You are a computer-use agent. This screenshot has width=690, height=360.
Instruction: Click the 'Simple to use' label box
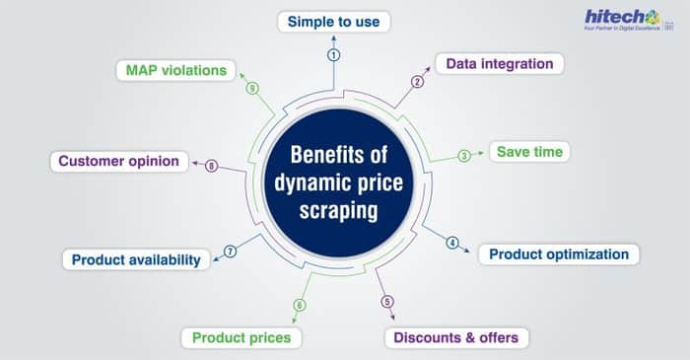point(333,22)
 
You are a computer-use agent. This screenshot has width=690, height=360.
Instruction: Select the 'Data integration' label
point(500,64)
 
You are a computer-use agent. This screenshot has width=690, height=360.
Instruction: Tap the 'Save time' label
point(529,152)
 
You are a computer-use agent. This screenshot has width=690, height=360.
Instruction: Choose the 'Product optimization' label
point(559,254)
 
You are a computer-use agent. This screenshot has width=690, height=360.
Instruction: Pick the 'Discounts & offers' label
point(456,338)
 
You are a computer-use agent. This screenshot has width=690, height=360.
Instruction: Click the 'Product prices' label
point(241,338)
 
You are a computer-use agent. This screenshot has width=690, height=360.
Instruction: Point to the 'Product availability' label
point(136,259)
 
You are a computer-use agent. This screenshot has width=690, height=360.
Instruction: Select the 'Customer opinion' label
point(119,161)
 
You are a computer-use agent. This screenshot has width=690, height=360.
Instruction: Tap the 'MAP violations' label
point(176,70)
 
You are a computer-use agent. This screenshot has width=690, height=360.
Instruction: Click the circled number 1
point(333,55)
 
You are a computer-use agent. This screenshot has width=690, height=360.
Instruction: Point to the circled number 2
point(417,82)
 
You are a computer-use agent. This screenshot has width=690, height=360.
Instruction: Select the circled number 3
point(464,156)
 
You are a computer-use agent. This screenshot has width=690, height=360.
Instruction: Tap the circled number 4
point(451,243)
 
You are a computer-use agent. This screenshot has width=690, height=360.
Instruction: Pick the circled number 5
point(386,302)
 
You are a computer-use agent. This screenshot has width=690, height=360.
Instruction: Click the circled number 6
point(300,305)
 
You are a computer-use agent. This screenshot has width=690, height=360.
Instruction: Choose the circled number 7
point(230,252)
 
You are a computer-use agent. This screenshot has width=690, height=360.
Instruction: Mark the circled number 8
point(211,166)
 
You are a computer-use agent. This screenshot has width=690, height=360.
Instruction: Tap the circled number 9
point(252,88)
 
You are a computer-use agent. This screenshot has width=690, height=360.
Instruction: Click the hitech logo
point(629,21)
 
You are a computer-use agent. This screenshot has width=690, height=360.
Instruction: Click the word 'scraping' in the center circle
point(338,211)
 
